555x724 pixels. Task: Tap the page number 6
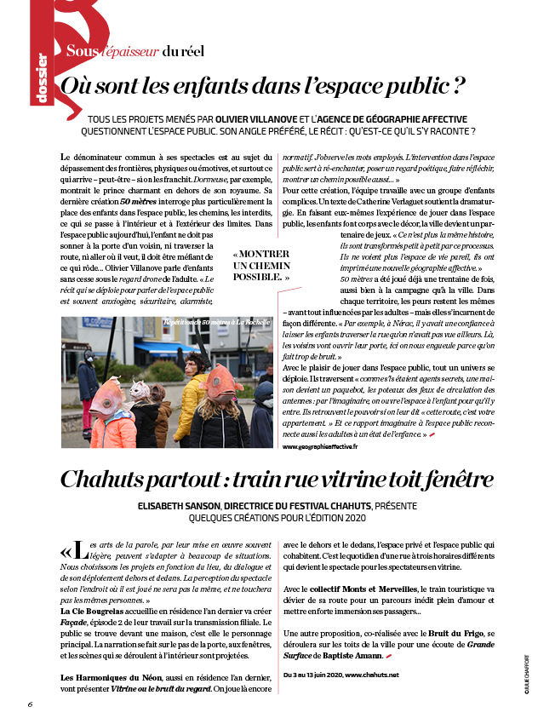pyautogui.click(x=30, y=704)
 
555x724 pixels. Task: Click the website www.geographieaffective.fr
pyautogui.click(x=319, y=446)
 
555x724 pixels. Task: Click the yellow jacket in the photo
pyautogui.click(x=192, y=398)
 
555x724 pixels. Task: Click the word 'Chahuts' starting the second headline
pyautogui.click(x=108, y=480)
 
